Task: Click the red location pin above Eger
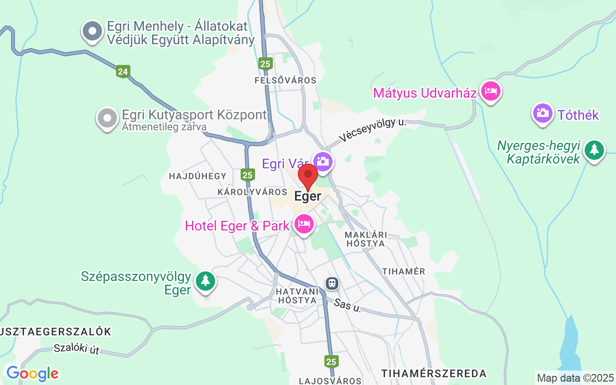(x=308, y=176)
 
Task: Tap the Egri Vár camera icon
(x=323, y=161)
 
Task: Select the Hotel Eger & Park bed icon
(x=304, y=224)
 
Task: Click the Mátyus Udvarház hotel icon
(x=490, y=90)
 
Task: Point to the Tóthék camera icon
(x=542, y=113)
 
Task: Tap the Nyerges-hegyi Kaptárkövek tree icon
(x=594, y=150)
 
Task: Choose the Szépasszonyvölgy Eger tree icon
(x=206, y=281)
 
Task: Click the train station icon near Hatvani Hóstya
(x=332, y=283)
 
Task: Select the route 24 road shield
(x=123, y=72)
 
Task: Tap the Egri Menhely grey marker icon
(x=92, y=32)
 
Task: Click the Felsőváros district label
(x=285, y=80)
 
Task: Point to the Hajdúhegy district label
(x=197, y=176)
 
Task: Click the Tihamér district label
(x=404, y=271)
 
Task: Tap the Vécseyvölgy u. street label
(x=372, y=130)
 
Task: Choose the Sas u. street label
(x=347, y=305)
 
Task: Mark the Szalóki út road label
(x=77, y=349)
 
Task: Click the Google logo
(x=32, y=373)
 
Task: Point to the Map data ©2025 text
(x=575, y=378)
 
